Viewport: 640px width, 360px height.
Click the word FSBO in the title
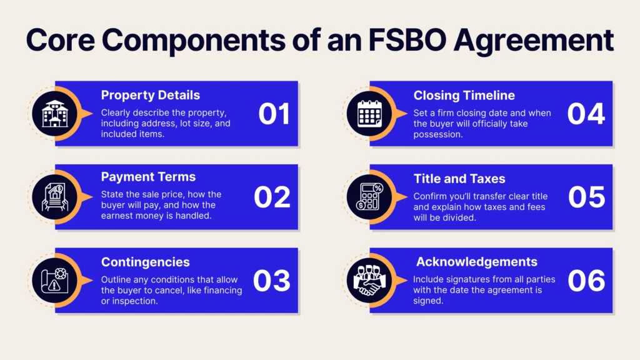(406, 40)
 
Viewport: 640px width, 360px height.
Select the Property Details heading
(150, 95)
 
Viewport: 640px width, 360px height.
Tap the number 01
(274, 114)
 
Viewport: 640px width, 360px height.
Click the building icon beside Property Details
(55, 114)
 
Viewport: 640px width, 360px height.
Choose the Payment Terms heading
(148, 177)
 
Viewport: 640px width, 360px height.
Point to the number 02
(272, 197)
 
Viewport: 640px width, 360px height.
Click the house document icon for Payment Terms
(55, 197)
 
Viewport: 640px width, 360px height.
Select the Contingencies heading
(145, 262)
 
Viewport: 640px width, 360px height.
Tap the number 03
(272, 281)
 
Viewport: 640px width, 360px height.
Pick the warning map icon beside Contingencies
(55, 281)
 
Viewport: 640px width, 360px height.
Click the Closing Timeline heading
(464, 96)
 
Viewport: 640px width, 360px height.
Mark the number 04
(586, 114)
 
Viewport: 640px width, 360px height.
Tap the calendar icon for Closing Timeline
(370, 114)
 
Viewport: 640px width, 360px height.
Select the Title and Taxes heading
(459, 179)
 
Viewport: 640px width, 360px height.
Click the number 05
(586, 197)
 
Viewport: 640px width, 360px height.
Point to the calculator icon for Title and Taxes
(370, 197)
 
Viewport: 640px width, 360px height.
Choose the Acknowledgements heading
(477, 262)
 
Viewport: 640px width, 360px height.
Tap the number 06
(586, 281)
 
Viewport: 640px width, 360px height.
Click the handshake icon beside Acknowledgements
(370, 281)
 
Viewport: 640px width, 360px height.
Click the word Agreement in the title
(534, 41)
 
